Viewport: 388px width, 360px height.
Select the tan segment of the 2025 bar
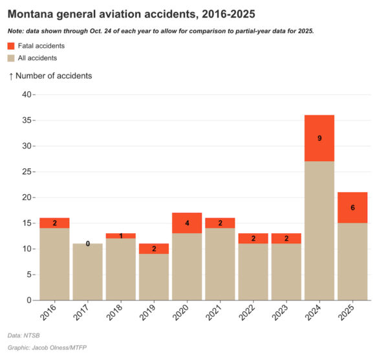click(352, 262)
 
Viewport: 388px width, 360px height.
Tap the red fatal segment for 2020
click(187, 223)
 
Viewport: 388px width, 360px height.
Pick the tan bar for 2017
click(87, 272)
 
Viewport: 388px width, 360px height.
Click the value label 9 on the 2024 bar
click(319, 138)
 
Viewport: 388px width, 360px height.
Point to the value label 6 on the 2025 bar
click(352, 208)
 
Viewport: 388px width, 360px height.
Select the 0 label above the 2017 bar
click(87, 244)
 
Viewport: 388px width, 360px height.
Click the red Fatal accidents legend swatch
click(11, 46)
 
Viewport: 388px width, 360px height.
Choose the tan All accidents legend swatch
click(11, 58)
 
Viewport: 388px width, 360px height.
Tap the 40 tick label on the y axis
click(26, 95)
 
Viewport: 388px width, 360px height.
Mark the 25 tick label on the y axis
click(26, 172)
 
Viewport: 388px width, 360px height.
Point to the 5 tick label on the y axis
click(28, 275)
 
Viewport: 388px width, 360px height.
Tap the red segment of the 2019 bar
click(154, 249)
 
